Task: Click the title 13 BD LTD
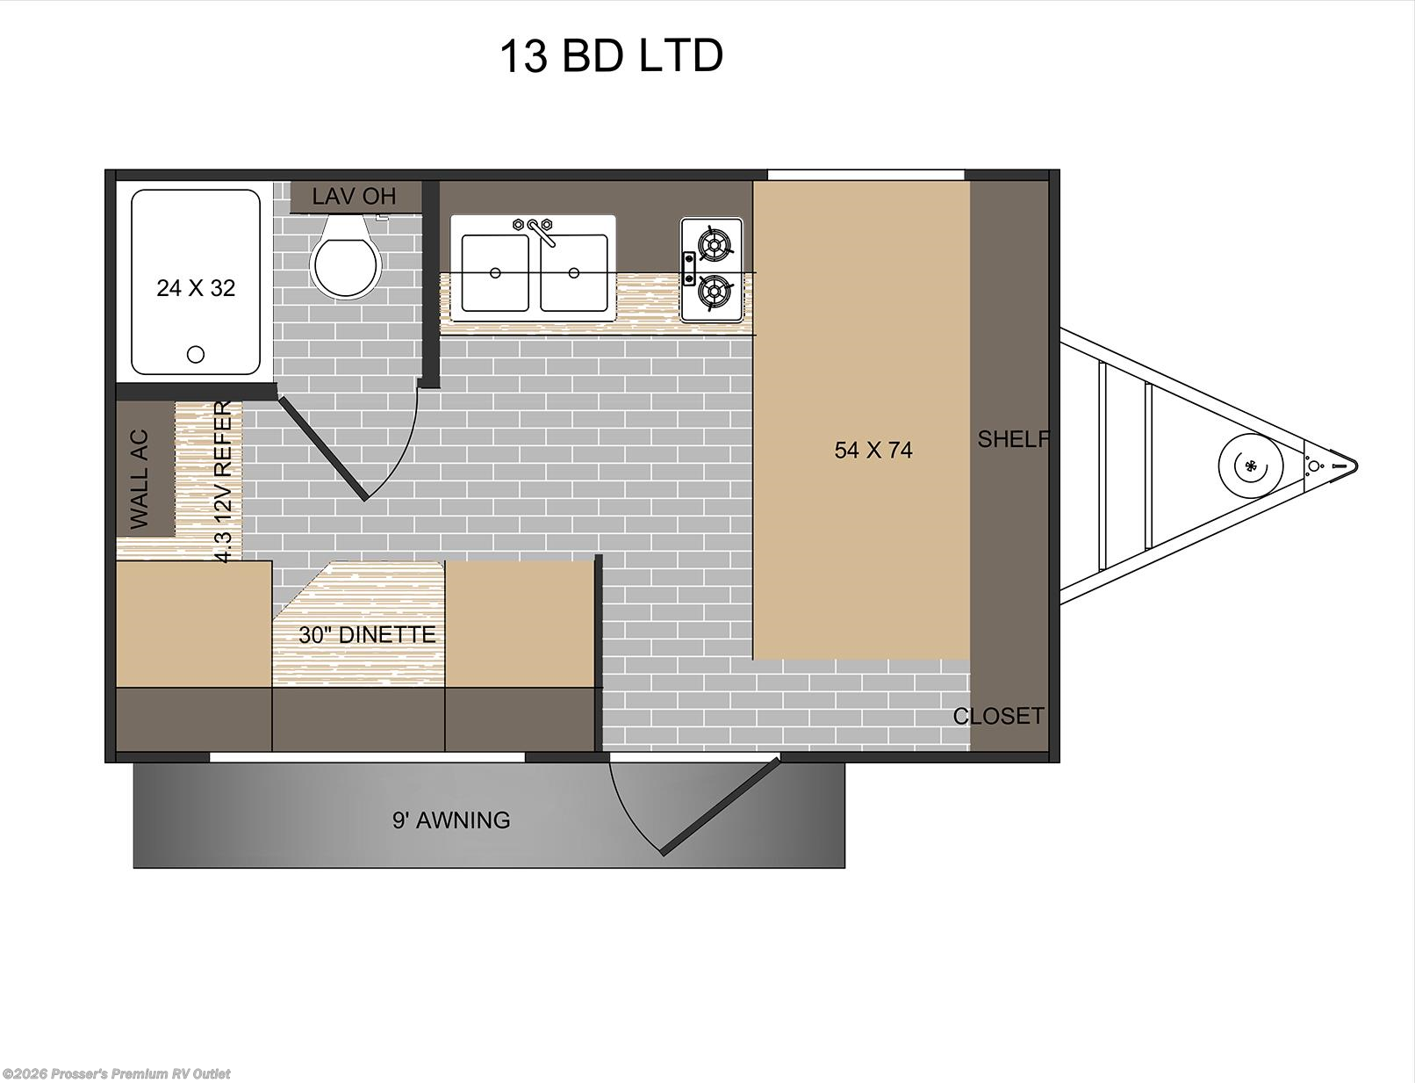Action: click(x=611, y=55)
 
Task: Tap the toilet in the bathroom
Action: click(x=347, y=260)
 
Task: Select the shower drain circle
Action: click(x=196, y=354)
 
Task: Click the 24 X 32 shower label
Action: click(x=196, y=288)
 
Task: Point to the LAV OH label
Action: click(x=354, y=197)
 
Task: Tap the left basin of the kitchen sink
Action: click(x=495, y=272)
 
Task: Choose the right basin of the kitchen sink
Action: click(x=573, y=272)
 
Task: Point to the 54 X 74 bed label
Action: click(x=873, y=451)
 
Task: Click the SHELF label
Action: click(x=1013, y=439)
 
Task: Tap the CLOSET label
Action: click(x=999, y=716)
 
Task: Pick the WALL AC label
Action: click(x=140, y=480)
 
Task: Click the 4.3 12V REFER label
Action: click(x=223, y=481)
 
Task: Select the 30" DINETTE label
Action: click(x=367, y=634)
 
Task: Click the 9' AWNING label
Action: click(x=451, y=820)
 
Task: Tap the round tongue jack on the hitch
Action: click(x=1247, y=465)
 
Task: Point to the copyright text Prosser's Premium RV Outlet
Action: click(x=117, y=1073)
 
